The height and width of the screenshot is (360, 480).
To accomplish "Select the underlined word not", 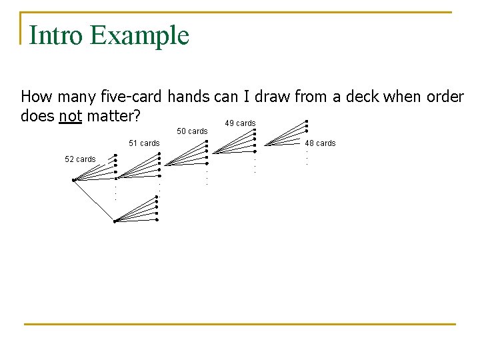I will click(x=70, y=117).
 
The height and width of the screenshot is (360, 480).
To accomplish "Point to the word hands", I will click(x=189, y=97).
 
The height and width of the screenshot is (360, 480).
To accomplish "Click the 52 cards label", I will click(x=80, y=159).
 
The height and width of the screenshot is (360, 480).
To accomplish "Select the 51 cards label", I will click(x=144, y=143).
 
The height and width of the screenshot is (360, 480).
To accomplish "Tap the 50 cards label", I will click(x=192, y=131).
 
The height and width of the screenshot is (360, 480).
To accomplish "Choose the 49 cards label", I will click(x=240, y=123).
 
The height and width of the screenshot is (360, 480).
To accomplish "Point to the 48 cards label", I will click(x=321, y=143).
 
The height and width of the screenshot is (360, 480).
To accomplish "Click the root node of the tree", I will click(x=73, y=180).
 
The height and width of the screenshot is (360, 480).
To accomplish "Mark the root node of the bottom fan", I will click(x=115, y=221).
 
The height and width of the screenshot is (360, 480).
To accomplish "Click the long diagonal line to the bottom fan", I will click(x=94, y=201).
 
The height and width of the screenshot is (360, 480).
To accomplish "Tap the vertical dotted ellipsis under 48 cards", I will click(x=307, y=157).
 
